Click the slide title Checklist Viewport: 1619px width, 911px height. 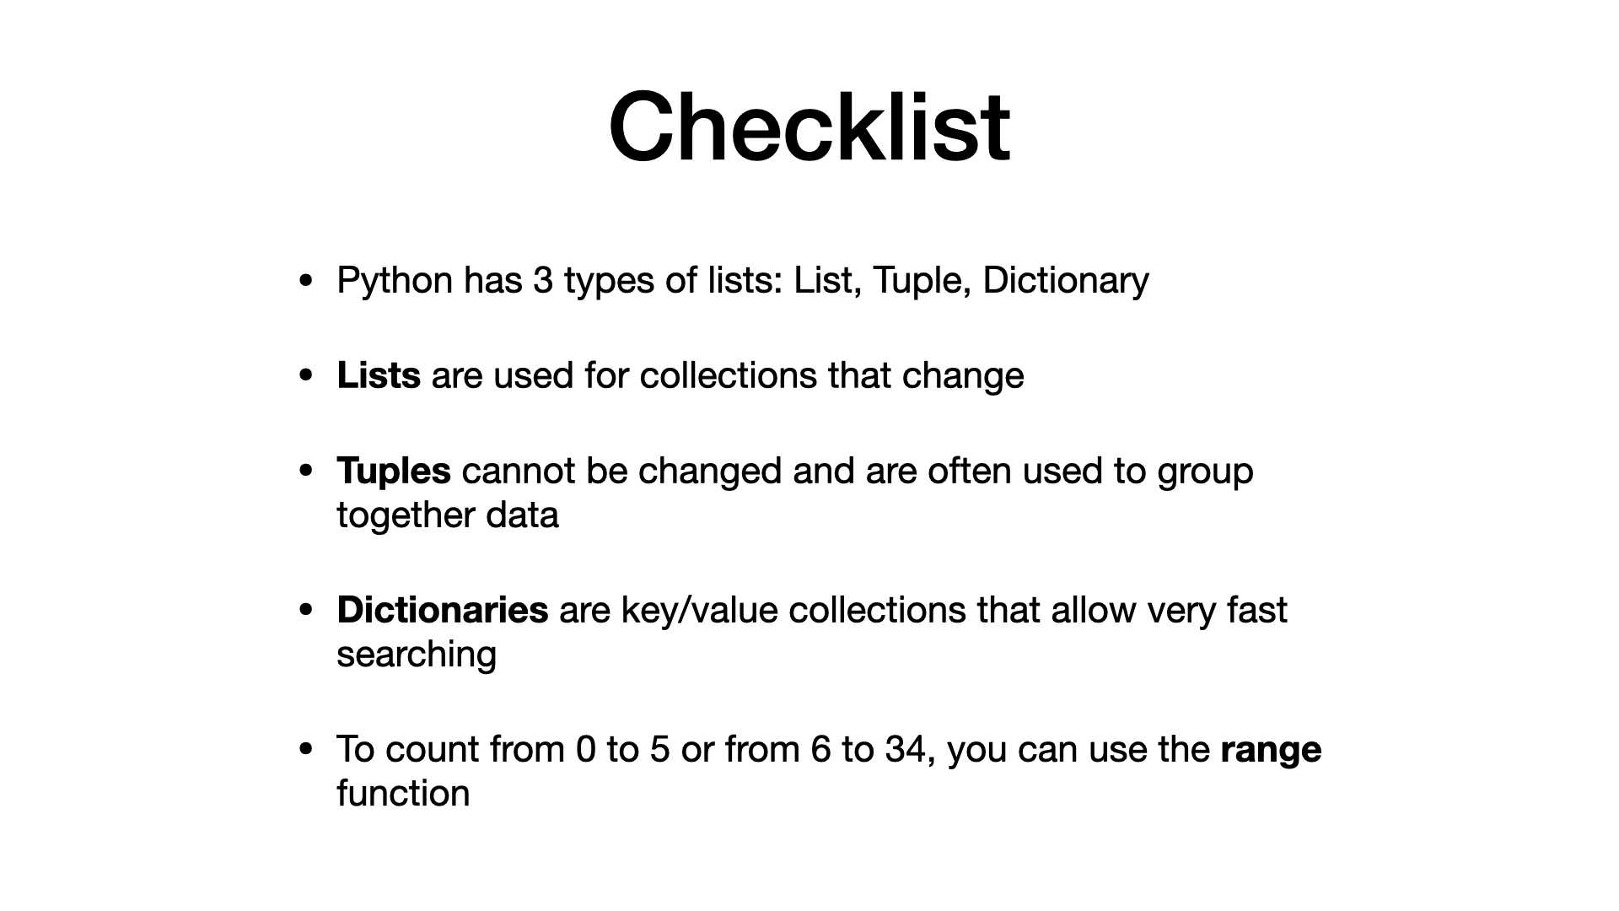(x=809, y=127)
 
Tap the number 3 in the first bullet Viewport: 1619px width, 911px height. (x=543, y=280)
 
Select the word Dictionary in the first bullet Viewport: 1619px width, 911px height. (x=1066, y=282)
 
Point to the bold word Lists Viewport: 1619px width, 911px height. (x=379, y=375)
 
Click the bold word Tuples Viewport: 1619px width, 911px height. (x=394, y=472)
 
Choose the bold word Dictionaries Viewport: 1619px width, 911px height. (x=443, y=610)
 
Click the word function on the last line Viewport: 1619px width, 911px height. (x=403, y=793)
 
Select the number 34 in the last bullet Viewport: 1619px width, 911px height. (x=906, y=749)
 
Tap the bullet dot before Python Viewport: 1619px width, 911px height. (x=306, y=280)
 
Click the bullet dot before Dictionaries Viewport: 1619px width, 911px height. (x=306, y=610)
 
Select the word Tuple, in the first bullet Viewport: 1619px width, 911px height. (x=922, y=282)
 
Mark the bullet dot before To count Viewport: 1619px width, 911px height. (x=306, y=749)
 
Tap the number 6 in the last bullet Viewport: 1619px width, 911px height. (x=820, y=749)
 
